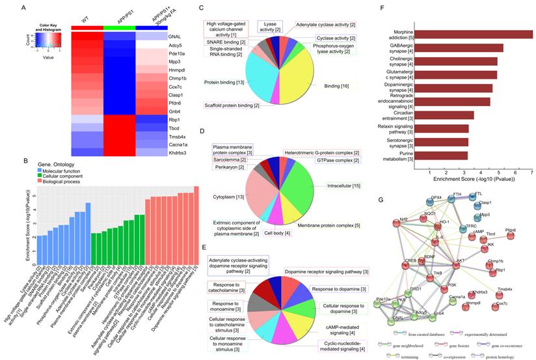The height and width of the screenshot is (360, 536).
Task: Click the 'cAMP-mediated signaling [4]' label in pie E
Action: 338,313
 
